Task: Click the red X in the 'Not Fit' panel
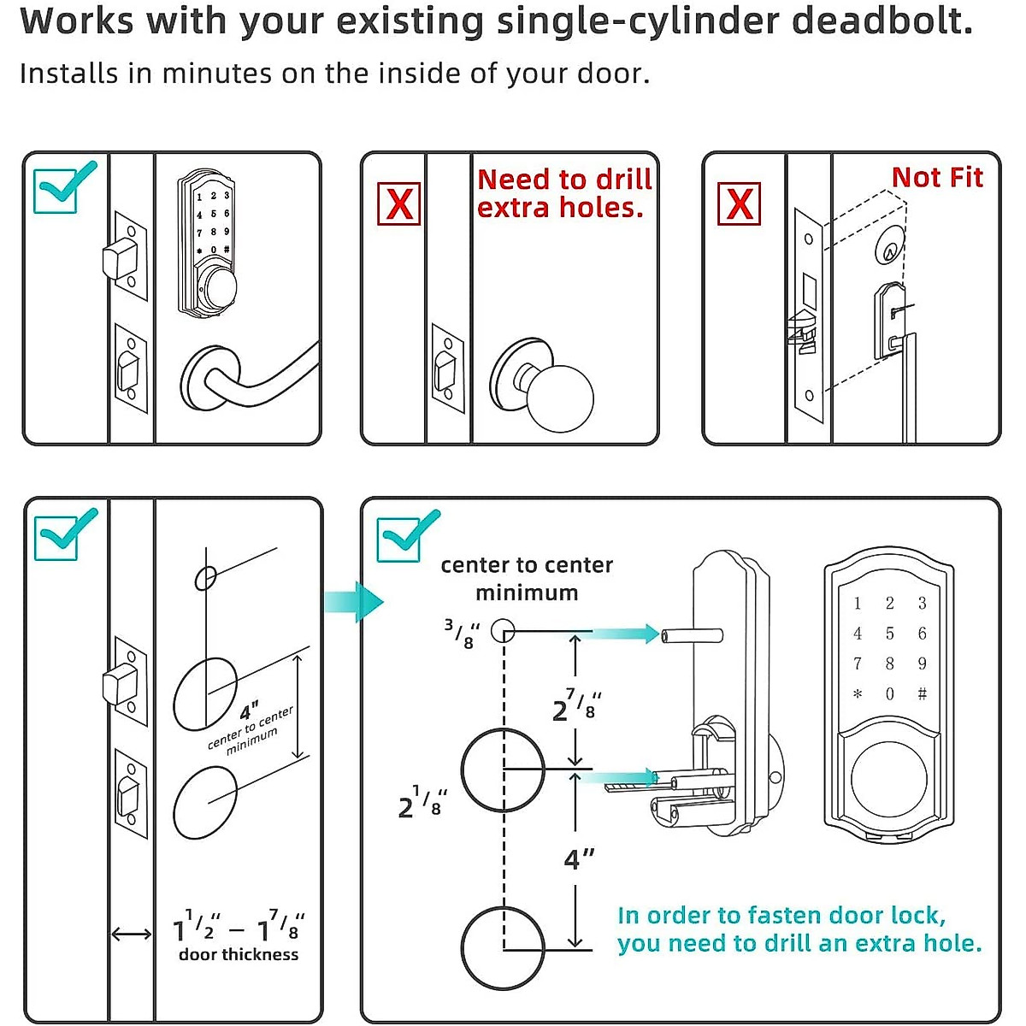coord(740,203)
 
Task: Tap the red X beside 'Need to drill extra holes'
coord(399,204)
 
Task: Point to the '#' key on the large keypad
coord(922,694)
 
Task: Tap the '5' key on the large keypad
coord(889,634)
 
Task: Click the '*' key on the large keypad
coord(858,694)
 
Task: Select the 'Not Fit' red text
coord(937,178)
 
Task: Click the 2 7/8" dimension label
coord(576,706)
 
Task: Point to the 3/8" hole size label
coord(462,634)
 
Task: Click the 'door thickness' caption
coord(239,955)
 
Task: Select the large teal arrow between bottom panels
coord(353,603)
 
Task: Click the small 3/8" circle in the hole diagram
coord(504,632)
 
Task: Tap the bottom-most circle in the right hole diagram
coord(503,947)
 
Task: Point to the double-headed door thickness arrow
coord(132,935)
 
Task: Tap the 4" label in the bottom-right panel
coord(579,858)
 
